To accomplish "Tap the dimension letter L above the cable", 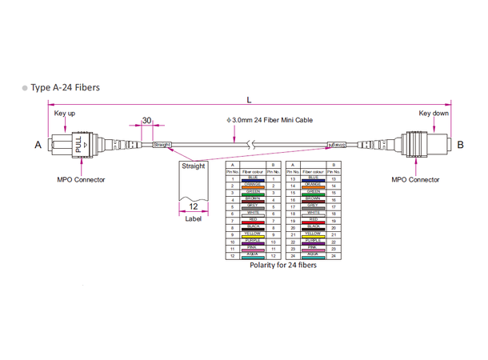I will pyautogui.click(x=250, y=100).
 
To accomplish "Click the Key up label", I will pyautogui.click(x=65, y=114).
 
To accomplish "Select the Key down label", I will pyautogui.click(x=434, y=114).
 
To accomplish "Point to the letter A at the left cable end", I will pyautogui.click(x=38, y=145).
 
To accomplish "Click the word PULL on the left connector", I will pyautogui.click(x=78, y=145).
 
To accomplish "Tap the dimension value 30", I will pyautogui.click(x=147, y=120).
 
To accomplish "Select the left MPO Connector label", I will pyautogui.click(x=80, y=180).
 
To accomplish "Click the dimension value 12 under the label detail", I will pyautogui.click(x=194, y=205).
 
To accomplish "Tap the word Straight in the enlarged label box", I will pyautogui.click(x=194, y=166).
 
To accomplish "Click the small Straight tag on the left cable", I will pyautogui.click(x=162, y=145).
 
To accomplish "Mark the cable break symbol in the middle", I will pyautogui.click(x=251, y=145).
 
